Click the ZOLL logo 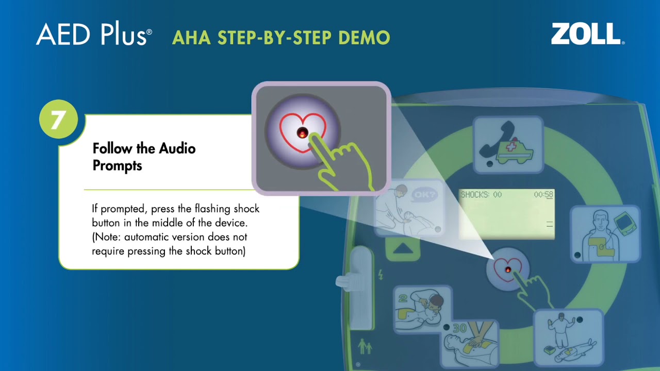[x=587, y=34]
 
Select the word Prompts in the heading [x=117, y=166]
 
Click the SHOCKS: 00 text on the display [x=481, y=195]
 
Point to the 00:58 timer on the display [x=543, y=195]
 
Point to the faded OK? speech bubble [x=425, y=195]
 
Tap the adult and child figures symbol [x=365, y=346]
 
